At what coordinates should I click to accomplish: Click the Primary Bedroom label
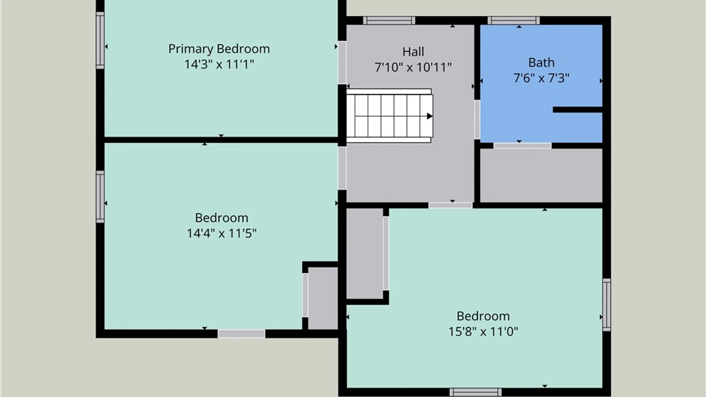click(219, 49)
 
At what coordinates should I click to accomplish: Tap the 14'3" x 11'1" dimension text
click(219, 64)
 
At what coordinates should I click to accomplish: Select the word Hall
click(413, 52)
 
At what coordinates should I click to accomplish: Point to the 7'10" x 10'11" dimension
click(413, 67)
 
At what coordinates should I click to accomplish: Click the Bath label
click(541, 62)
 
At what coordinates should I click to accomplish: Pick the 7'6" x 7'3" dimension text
click(541, 78)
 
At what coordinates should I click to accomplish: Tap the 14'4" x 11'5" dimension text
click(222, 233)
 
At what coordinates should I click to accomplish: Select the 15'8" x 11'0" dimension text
click(483, 332)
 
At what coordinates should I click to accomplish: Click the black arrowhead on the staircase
click(429, 116)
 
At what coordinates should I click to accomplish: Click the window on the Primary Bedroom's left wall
click(100, 40)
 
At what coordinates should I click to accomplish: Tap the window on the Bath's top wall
click(514, 21)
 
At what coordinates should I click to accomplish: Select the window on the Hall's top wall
click(389, 21)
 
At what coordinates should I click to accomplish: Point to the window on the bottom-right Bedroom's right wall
click(607, 305)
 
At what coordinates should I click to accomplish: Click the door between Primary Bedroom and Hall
click(342, 62)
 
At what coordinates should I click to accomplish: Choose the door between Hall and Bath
click(477, 119)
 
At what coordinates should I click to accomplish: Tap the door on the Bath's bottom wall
click(522, 146)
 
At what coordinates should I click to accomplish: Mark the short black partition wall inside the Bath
click(578, 110)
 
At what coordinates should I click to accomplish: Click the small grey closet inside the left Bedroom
click(323, 298)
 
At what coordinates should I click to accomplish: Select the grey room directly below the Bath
click(541, 175)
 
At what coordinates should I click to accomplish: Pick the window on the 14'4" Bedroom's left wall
click(100, 197)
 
